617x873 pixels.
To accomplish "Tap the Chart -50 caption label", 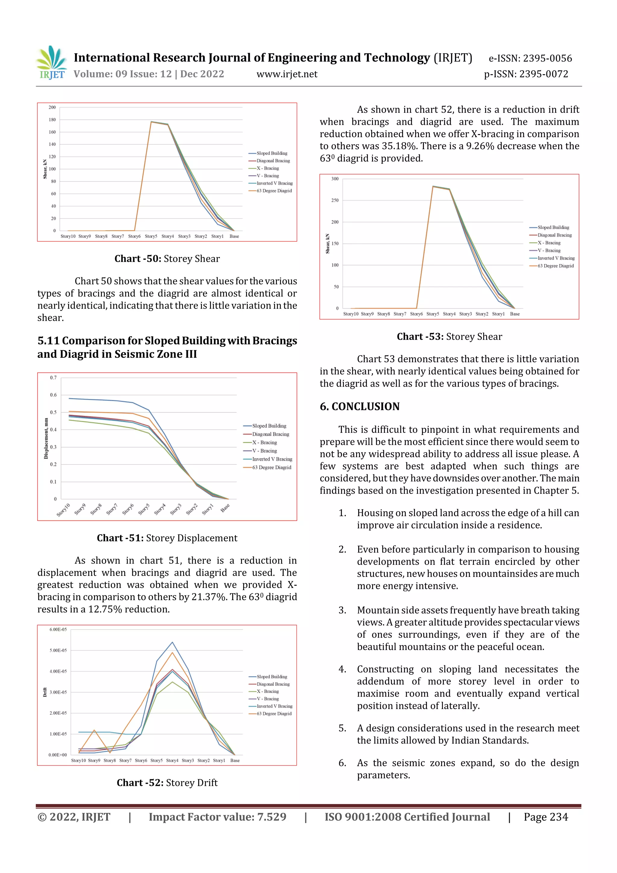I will [138, 259].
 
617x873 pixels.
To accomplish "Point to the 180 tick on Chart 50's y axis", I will [52, 119].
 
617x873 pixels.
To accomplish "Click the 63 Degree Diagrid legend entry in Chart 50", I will [274, 190].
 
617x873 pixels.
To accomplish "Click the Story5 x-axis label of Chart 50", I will [151, 236].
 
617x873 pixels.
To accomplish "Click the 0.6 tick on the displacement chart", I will [53, 395].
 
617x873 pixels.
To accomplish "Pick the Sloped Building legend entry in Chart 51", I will [269, 426].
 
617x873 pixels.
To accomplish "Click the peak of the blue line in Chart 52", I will [172, 642].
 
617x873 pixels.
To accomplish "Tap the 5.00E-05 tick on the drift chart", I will [58, 650].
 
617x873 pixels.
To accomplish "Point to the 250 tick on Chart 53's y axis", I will [334, 200].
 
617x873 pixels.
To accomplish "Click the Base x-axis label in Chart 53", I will [514, 314].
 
